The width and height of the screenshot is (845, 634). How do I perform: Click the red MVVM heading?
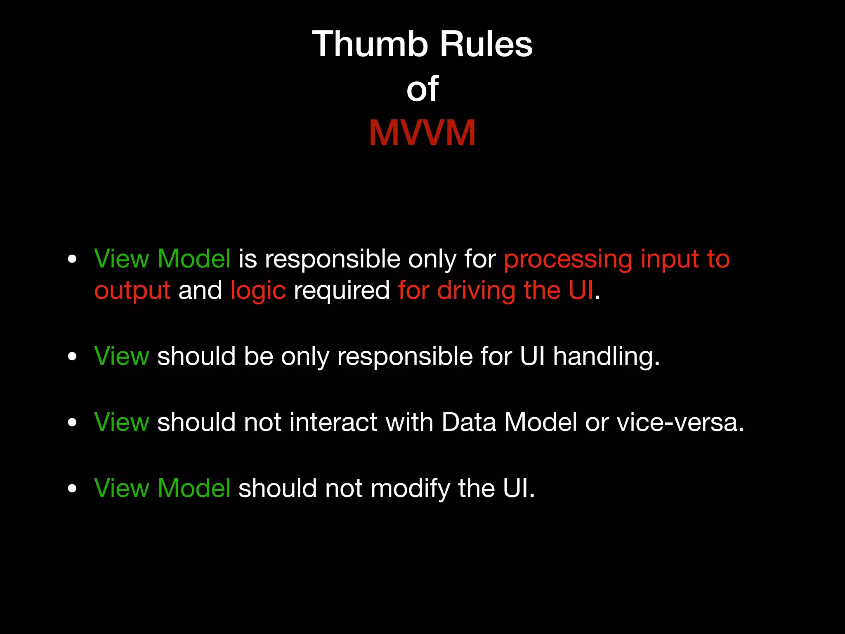422,133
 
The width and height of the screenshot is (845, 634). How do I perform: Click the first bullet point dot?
72,259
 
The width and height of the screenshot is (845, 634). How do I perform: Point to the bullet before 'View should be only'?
72,356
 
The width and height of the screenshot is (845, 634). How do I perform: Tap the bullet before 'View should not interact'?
72,422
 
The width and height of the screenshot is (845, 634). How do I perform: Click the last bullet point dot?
72,488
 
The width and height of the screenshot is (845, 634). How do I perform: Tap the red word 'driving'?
476,291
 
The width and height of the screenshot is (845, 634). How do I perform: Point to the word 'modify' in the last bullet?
410,489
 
